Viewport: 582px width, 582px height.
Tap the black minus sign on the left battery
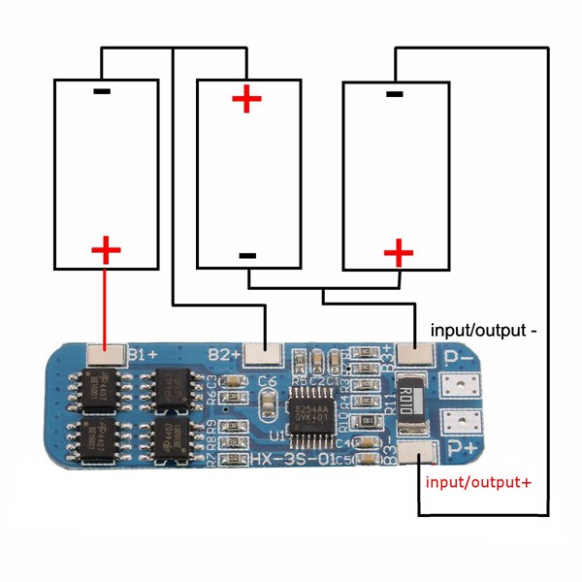[103, 92]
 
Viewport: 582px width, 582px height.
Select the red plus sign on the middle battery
[246, 98]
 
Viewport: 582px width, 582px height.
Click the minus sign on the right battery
[394, 93]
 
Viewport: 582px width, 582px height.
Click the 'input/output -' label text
[483, 330]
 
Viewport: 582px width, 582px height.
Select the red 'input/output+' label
[479, 481]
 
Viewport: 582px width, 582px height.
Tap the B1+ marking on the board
[145, 352]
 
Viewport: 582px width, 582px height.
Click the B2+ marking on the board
[224, 353]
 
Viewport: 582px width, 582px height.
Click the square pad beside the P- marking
[461, 386]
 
